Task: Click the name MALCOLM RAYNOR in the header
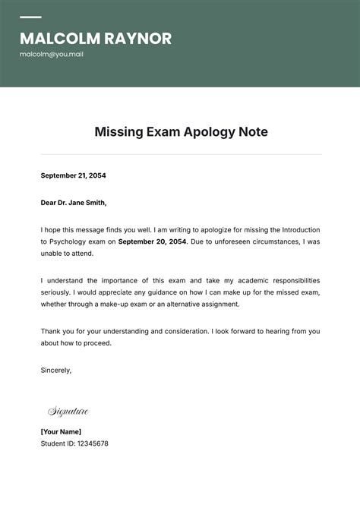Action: pyautogui.click(x=96, y=39)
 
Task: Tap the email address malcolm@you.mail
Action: pyautogui.click(x=52, y=55)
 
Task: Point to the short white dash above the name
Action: pyautogui.click(x=30, y=17)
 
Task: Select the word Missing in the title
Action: pyautogui.click(x=118, y=132)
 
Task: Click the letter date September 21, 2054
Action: pyautogui.click(x=74, y=175)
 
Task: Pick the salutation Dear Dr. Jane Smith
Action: pyautogui.click(x=74, y=203)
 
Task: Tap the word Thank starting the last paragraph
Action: pyautogui.click(x=51, y=331)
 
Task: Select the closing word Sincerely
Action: pyautogui.click(x=56, y=370)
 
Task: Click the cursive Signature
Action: pyautogui.click(x=68, y=412)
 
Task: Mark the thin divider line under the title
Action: pyautogui.click(x=180, y=154)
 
